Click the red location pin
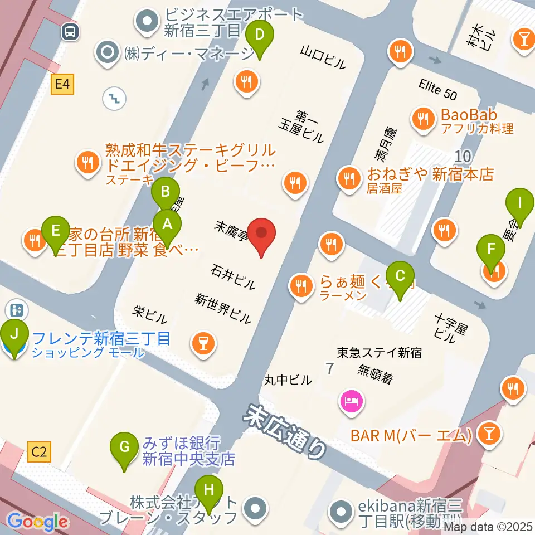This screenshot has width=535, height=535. (261, 237)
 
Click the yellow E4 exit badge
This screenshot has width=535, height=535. (62, 85)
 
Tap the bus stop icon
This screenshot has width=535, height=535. (71, 32)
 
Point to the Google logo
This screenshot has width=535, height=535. (38, 522)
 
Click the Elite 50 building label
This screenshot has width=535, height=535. (438, 90)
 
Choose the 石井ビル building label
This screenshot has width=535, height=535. (234, 277)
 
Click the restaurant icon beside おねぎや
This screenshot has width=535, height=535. (349, 178)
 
